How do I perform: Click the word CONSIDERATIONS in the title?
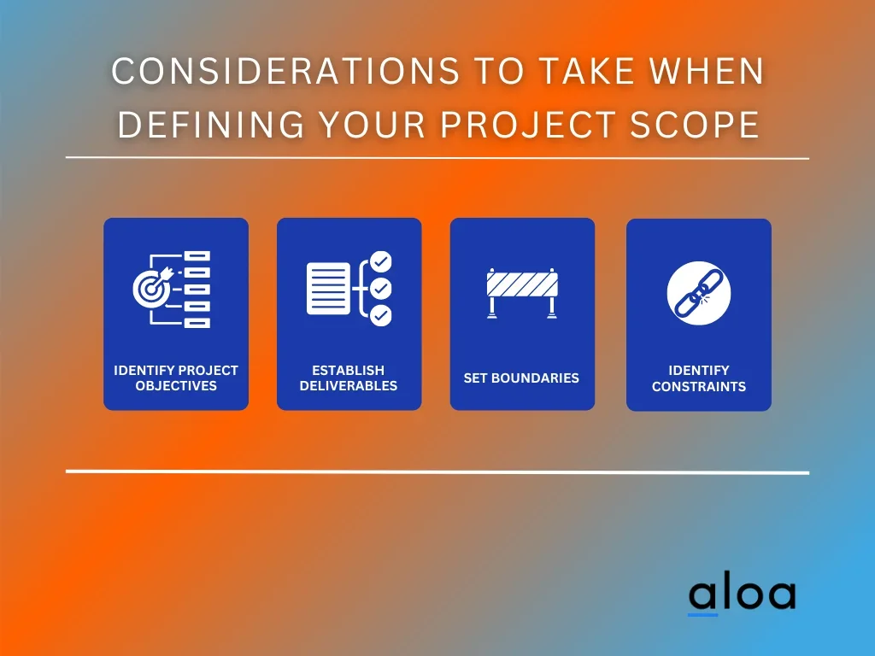[x=285, y=71]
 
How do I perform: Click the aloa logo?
[x=742, y=594]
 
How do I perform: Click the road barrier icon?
[x=522, y=294]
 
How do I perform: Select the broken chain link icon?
[x=699, y=294]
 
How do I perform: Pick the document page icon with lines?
[x=328, y=289]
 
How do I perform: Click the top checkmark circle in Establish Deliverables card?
[x=380, y=261]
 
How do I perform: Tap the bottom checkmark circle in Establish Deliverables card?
[x=380, y=315]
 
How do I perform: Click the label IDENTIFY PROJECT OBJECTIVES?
[x=176, y=378]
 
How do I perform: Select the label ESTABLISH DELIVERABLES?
[x=349, y=378]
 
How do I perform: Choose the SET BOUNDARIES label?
[x=521, y=378]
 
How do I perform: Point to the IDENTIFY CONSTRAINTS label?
[x=699, y=378]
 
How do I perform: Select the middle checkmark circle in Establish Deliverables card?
[x=380, y=289]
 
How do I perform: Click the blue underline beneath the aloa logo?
[x=702, y=615]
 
